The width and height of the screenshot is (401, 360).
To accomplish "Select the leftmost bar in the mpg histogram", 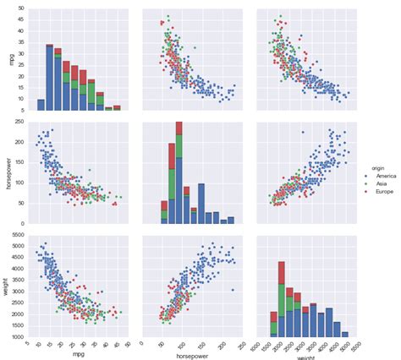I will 41,105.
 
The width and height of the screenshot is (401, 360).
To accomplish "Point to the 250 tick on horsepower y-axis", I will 23,123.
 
